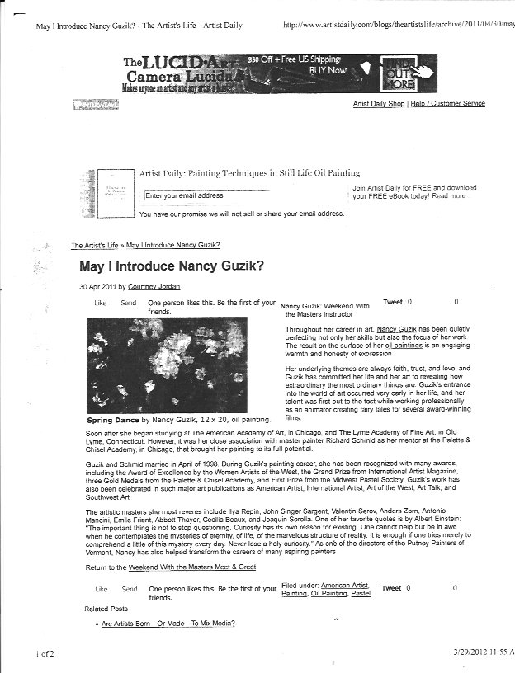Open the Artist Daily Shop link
tap(379, 104)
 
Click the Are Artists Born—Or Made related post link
tap(168, 623)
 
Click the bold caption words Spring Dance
tap(111, 420)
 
